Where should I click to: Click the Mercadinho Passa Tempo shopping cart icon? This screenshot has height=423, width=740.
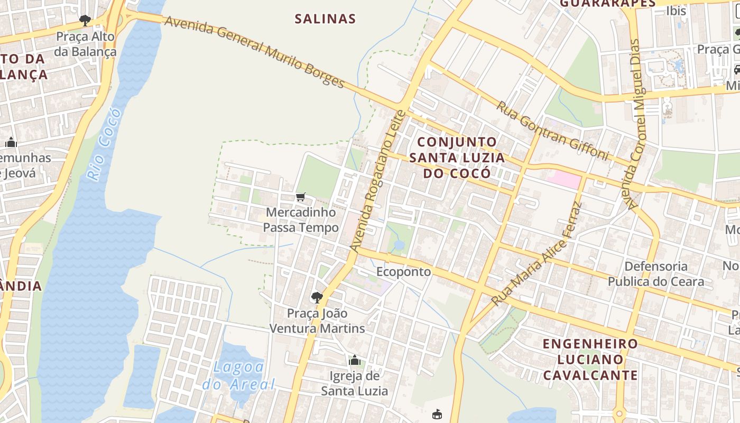pyautogui.click(x=301, y=197)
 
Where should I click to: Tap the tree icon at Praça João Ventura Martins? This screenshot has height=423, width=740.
pyautogui.click(x=317, y=297)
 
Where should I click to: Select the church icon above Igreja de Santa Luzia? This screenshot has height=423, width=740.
pyautogui.click(x=355, y=360)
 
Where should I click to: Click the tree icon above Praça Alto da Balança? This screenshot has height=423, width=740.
pyautogui.click(x=85, y=21)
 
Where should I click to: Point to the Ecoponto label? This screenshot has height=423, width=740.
pyautogui.click(x=403, y=272)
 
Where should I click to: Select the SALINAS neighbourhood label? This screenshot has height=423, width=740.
pyautogui.click(x=325, y=19)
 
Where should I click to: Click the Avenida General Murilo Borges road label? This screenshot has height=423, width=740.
pyautogui.click(x=254, y=52)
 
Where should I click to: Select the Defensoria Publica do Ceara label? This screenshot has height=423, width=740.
pyautogui.click(x=655, y=273)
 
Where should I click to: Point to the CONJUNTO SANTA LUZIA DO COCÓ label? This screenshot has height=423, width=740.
pyautogui.click(x=457, y=157)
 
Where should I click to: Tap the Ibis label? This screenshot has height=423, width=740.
pyautogui.click(x=676, y=11)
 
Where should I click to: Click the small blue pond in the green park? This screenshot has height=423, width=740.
pyautogui.click(x=399, y=245)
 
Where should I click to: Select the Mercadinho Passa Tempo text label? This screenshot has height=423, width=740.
pyautogui.click(x=301, y=220)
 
